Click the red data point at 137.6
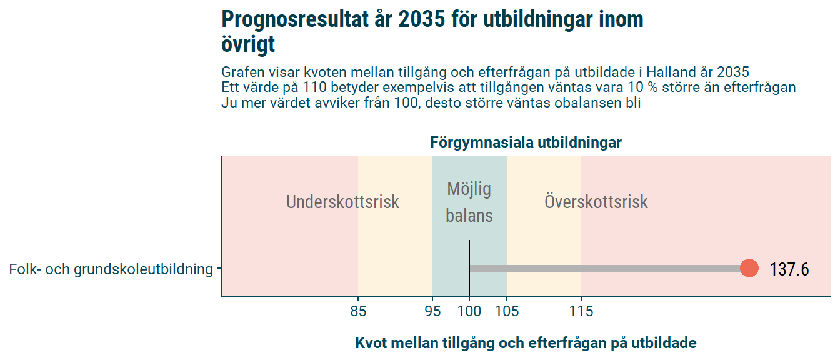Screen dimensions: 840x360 point(749,269)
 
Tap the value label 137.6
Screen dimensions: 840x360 point(789,269)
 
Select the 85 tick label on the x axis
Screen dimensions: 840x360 point(358,311)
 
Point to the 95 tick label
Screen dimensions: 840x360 point(432,311)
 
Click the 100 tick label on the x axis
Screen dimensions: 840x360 point(469,311)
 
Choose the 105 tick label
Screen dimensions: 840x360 point(507,311)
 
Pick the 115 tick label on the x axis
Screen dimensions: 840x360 point(581,311)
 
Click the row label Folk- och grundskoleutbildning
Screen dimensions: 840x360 point(111,269)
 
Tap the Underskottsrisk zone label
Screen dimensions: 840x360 point(342,202)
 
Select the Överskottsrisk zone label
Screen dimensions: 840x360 point(596,201)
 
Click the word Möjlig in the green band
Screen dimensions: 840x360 point(469,189)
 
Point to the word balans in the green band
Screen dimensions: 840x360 point(469,216)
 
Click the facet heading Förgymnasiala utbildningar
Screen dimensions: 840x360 point(526,142)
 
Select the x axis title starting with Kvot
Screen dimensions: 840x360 point(526,343)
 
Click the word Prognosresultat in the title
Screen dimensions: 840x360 point(296,19)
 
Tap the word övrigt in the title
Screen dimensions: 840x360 point(248,44)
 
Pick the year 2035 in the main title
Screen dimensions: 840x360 point(422,19)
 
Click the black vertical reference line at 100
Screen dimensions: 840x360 point(469,268)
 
